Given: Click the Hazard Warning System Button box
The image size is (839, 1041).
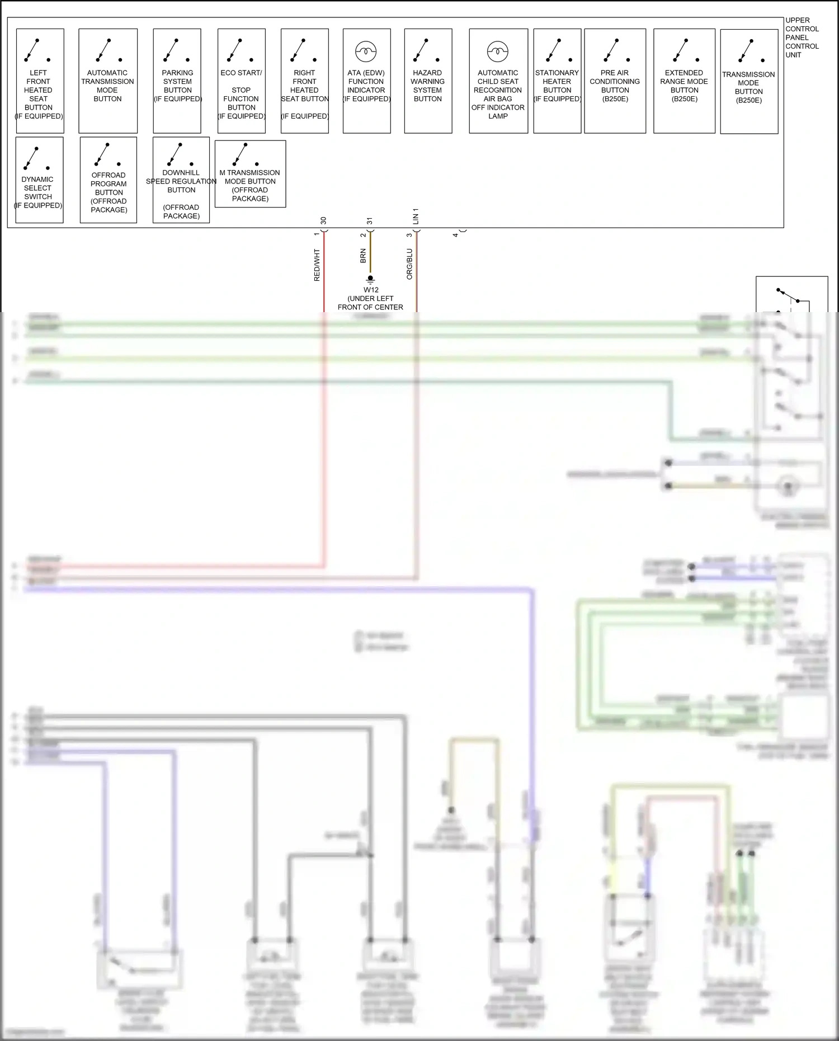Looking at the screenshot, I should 428,81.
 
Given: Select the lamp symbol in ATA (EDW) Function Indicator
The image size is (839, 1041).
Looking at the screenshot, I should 366,51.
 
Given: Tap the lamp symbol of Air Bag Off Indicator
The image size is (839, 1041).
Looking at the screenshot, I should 497,51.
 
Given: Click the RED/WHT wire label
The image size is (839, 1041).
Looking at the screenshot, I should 317,265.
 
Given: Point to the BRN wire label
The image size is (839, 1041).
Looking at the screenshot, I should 363,256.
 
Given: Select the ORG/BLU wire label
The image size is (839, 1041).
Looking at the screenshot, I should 409,264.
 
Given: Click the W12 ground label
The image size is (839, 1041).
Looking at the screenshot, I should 371,290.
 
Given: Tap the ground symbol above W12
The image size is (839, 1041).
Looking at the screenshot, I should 370,279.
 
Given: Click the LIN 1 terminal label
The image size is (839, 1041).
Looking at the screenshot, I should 416,216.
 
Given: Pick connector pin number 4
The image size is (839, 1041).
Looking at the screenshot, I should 455,235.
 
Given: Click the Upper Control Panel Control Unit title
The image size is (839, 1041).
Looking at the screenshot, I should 802,37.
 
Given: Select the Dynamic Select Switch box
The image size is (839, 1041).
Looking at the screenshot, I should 39,180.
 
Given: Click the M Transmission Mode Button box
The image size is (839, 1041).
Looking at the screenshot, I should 250,174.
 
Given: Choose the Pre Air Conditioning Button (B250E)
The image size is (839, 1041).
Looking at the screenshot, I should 615,81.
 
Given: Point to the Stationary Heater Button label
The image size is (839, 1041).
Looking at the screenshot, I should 557,86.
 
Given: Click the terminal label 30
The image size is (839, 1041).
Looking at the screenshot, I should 323,221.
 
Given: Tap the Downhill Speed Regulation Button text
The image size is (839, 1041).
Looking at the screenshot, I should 181,181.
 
